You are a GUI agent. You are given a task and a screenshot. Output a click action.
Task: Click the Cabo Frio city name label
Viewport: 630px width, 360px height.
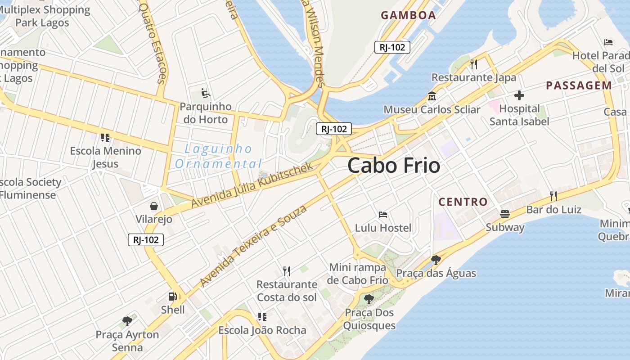pos(394,166)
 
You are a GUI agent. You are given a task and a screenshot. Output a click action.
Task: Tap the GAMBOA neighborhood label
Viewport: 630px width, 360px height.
pos(408,15)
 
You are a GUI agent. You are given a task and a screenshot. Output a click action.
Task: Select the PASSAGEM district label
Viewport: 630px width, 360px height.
pos(579,85)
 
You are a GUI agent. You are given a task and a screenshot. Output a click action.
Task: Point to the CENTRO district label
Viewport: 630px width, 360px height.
pos(463,202)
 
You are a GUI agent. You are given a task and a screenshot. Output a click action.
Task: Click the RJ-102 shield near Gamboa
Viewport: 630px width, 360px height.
pos(392,47)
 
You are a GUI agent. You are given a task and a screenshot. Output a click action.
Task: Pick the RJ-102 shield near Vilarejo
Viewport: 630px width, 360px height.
pos(146,240)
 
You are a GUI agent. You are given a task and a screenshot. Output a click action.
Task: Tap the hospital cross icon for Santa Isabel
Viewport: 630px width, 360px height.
pos(519,95)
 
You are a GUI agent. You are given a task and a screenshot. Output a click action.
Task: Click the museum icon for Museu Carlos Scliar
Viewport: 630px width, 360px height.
pos(432,96)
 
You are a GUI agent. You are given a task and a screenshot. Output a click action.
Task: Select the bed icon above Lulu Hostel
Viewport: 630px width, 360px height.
pos(383,215)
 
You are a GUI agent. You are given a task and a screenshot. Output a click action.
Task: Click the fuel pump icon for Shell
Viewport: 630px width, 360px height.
pos(172,296)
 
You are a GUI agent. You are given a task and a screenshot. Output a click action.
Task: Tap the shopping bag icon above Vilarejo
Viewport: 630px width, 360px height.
pos(154,206)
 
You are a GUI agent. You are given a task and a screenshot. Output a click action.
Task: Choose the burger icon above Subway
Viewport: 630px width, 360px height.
pos(505,214)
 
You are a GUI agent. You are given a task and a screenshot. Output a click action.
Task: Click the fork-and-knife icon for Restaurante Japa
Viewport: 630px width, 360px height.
pos(473,64)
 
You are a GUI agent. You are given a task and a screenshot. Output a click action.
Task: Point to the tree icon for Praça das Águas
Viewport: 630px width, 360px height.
pos(436,260)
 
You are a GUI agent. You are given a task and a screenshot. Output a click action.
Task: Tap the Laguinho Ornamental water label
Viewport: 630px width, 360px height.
pos(219,156)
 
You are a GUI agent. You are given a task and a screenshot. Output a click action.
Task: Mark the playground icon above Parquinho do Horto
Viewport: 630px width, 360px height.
pos(206,93)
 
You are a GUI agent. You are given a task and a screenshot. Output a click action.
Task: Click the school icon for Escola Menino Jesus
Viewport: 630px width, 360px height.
pos(105,138)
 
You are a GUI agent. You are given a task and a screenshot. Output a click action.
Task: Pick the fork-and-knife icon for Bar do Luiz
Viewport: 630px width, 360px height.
pos(553,196)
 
